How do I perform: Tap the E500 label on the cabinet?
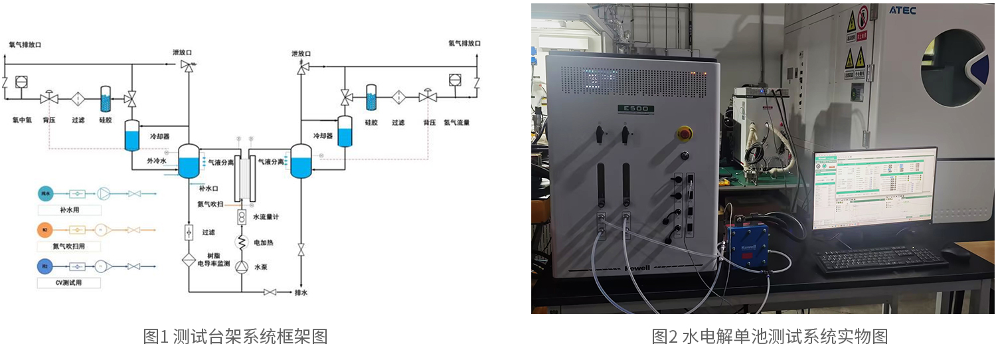(x=635, y=108)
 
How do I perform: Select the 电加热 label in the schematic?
(x=264, y=243)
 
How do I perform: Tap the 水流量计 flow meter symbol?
(x=242, y=217)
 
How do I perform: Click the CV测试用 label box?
(x=69, y=283)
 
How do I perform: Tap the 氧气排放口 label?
(x=25, y=45)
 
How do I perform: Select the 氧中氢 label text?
(x=22, y=121)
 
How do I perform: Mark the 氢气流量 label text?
(x=457, y=122)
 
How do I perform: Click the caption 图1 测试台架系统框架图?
(x=236, y=337)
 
